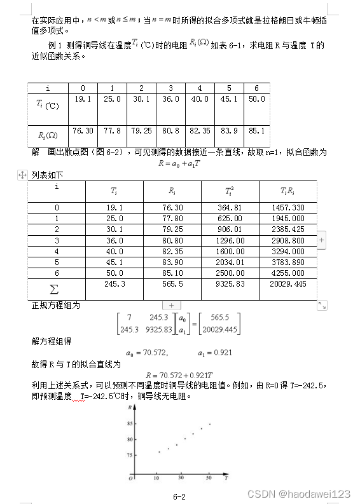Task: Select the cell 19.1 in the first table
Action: click(83, 99)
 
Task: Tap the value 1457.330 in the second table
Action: click(287, 207)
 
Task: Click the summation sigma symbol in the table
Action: click(54, 289)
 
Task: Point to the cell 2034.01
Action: click(230, 262)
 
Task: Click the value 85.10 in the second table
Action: click(172, 273)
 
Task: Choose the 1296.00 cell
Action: click(230, 240)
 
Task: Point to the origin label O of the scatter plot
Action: click(130, 478)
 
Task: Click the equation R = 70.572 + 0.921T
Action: click(179, 375)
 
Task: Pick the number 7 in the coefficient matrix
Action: click(129, 317)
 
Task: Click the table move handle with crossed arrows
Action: click(22, 175)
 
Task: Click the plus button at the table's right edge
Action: click(321, 240)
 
